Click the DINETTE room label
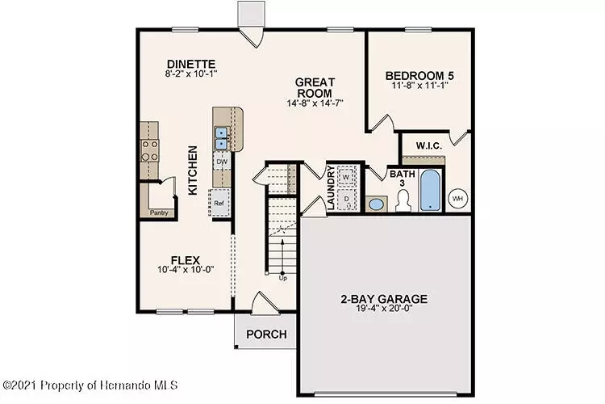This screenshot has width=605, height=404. [x=191, y=64]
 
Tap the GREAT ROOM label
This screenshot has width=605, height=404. [x=315, y=88]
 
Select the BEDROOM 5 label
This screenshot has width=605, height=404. [x=419, y=75]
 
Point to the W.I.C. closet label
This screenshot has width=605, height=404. [x=429, y=145]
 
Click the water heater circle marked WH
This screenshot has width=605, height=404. [x=457, y=199]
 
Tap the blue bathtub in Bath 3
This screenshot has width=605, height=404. [x=430, y=191]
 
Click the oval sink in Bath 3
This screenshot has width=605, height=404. [x=376, y=204]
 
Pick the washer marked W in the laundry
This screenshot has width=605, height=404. [x=346, y=177]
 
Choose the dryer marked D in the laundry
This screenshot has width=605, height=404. [x=347, y=200]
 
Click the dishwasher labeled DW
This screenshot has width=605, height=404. [x=222, y=162]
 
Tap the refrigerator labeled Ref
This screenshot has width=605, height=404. [x=219, y=203]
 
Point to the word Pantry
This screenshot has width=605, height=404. [x=159, y=213]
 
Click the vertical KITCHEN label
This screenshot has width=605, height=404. [x=193, y=170]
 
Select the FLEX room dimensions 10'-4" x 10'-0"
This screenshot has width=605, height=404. [x=186, y=269]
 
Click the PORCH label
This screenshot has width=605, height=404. [x=267, y=334]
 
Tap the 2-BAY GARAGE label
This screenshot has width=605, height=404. [x=384, y=299]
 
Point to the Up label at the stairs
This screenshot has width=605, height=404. [x=283, y=278]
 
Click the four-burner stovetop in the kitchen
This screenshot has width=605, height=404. [x=150, y=150]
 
